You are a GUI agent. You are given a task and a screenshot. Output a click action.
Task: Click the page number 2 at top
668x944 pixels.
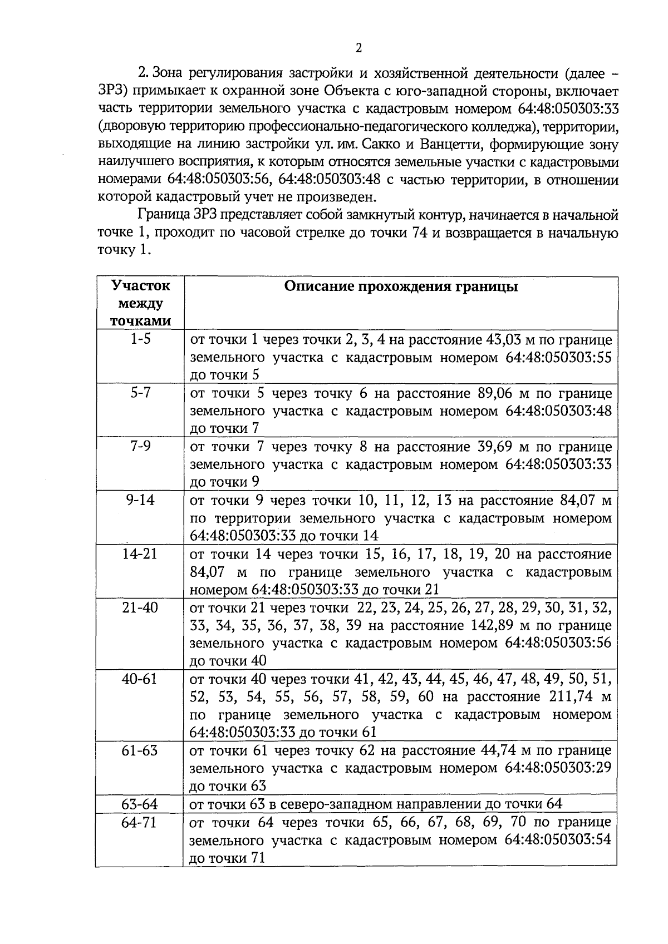[358, 48]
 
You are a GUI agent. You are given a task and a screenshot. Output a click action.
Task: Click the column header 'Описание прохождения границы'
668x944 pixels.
[400, 286]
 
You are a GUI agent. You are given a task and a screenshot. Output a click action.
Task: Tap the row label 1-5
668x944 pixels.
[140, 339]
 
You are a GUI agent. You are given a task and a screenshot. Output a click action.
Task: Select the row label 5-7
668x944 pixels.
[140, 393]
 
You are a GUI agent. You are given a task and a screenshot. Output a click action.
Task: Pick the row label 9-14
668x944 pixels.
[140, 500]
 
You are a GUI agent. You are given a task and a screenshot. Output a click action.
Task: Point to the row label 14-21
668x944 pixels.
[140, 554]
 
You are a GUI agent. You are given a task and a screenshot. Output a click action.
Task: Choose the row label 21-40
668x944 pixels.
[140, 607]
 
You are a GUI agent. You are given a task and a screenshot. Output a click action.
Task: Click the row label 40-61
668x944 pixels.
[140, 679]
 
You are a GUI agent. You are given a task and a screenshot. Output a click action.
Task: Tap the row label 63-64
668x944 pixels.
[140, 804]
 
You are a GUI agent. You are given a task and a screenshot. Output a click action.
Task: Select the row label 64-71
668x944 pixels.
[140, 822]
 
